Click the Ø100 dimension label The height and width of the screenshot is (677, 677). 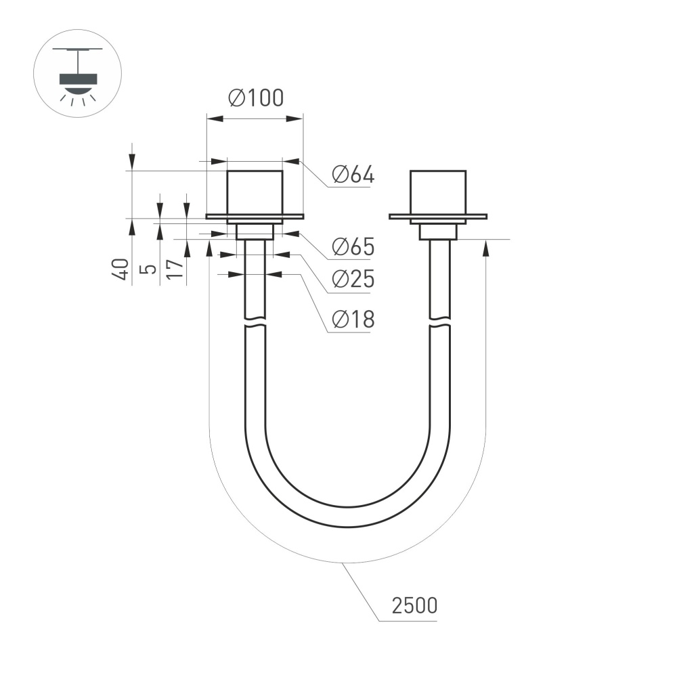(x=256, y=99)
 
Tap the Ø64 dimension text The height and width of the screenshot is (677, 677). (x=353, y=175)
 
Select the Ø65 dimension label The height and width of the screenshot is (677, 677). (x=353, y=247)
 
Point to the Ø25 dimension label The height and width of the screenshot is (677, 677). (x=353, y=280)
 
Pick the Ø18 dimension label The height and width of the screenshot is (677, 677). (x=353, y=320)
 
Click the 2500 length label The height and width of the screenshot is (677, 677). (x=414, y=605)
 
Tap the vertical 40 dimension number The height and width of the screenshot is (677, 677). (x=121, y=269)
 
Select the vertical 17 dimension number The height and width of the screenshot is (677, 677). (x=175, y=269)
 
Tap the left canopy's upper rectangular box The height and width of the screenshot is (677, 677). (x=254, y=192)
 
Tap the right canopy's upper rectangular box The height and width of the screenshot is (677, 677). (x=438, y=192)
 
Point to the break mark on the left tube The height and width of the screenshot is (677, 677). (x=255, y=321)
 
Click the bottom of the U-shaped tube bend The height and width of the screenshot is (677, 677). (x=347, y=517)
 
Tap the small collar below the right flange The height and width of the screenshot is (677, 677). (x=439, y=232)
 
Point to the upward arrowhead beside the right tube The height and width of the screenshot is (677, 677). (x=485, y=248)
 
